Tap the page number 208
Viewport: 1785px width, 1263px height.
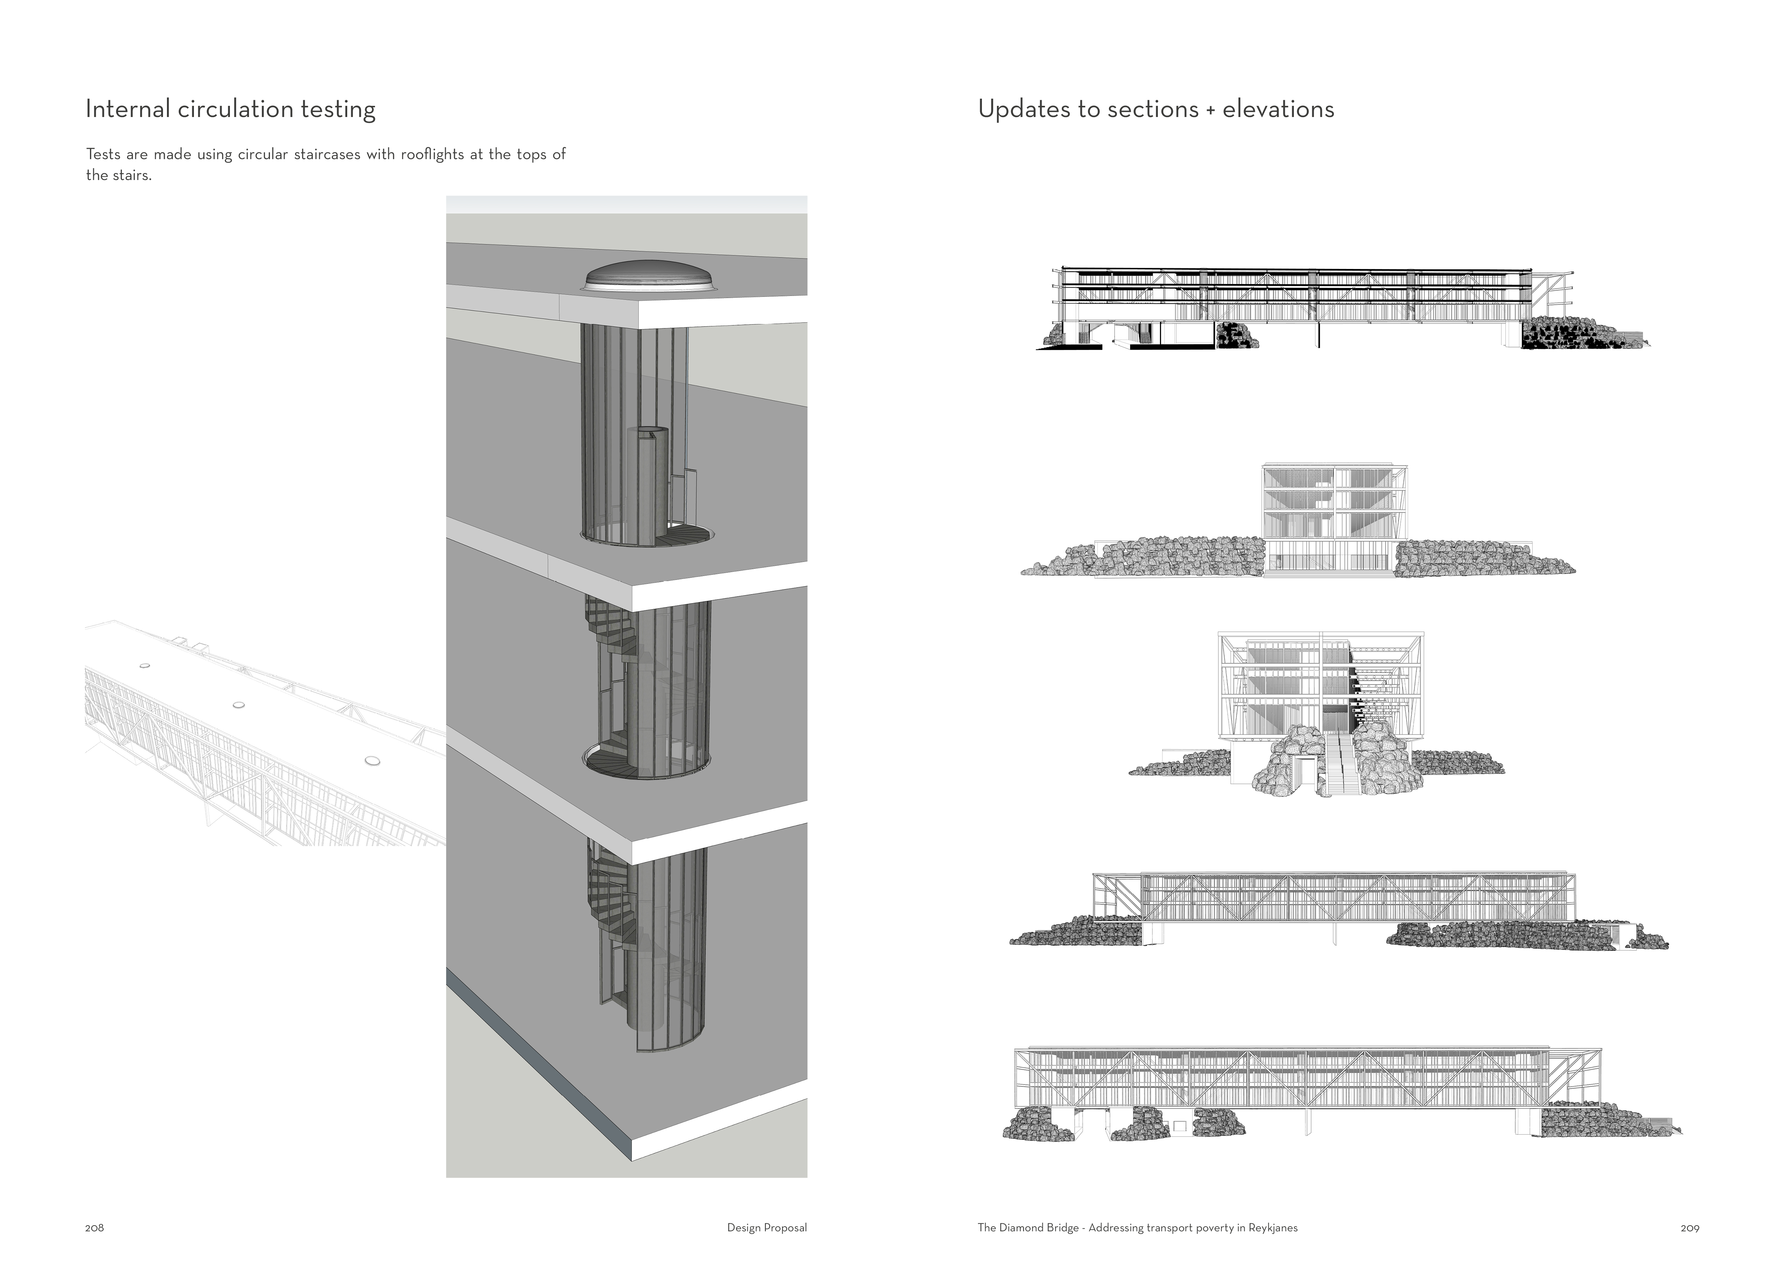(94, 1228)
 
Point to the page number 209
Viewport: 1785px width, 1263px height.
(1689, 1228)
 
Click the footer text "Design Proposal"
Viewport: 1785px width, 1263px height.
(766, 1228)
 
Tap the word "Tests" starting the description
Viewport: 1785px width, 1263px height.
(103, 154)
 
